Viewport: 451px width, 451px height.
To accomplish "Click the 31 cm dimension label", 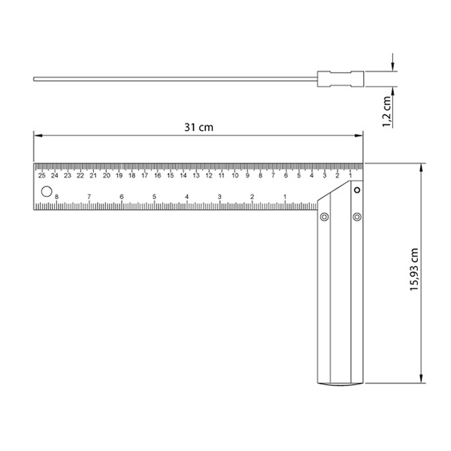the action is [198, 127].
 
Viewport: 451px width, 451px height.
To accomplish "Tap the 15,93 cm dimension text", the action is [414, 269].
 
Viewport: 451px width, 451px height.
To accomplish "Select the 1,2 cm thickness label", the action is [387, 111].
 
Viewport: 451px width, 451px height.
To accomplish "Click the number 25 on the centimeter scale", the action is [42, 175].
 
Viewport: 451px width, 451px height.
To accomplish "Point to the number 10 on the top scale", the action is [235, 175].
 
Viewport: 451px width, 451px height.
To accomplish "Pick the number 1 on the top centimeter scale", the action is [350, 175].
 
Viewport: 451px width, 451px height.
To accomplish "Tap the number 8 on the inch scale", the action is [56, 197].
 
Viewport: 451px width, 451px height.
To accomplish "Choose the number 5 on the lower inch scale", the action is [154, 197].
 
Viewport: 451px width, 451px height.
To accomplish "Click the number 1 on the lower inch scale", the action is [285, 197].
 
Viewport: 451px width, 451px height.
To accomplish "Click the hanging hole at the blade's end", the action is [47, 192].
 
